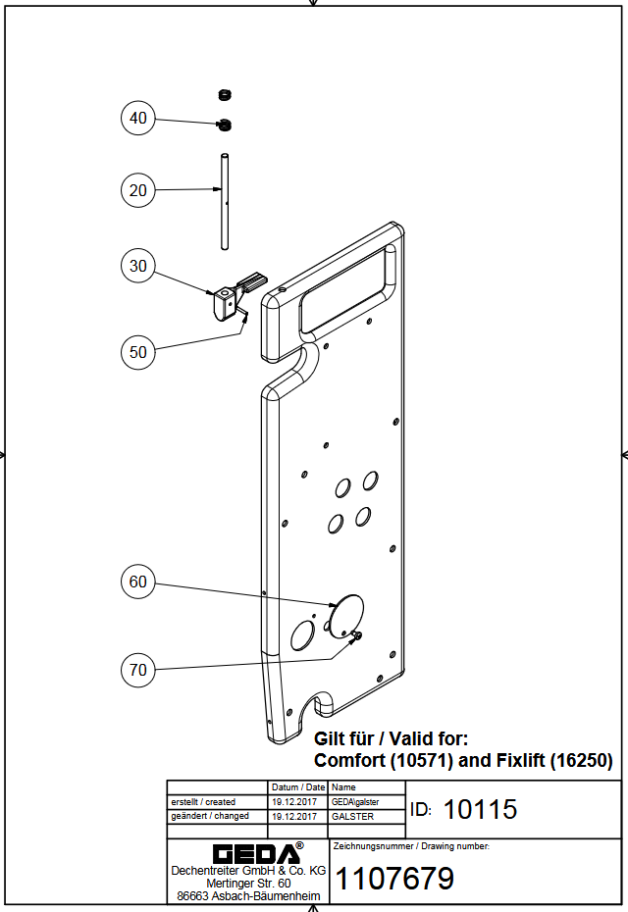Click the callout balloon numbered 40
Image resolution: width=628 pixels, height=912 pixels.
[x=138, y=118]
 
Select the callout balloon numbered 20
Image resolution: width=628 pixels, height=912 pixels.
[x=138, y=189]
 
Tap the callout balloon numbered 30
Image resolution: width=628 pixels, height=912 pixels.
[x=138, y=266]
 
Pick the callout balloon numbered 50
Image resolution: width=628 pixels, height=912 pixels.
[x=138, y=351]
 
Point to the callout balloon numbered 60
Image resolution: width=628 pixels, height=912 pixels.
[x=138, y=582]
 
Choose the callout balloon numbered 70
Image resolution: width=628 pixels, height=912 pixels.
[x=138, y=670]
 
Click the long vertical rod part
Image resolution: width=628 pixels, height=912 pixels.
[x=224, y=201]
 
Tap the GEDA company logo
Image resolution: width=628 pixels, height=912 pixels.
[x=251, y=852]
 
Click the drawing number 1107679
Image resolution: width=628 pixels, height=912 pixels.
[x=395, y=879]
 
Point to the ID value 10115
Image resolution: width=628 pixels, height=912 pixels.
[x=480, y=810]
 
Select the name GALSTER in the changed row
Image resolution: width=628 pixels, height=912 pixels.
[x=353, y=816]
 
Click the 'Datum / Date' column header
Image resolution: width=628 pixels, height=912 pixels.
[x=297, y=787]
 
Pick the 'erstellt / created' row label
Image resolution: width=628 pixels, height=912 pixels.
[x=203, y=802]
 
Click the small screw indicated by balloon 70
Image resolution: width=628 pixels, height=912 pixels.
[x=355, y=635]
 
